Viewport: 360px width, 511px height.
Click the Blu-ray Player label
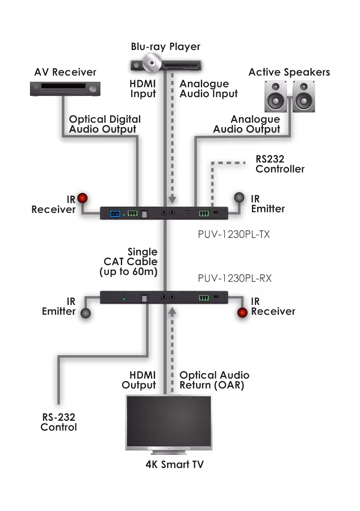pyautogui.click(x=165, y=46)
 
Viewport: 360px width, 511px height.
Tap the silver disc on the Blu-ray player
pyautogui.click(x=152, y=62)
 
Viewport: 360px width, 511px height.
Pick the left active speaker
pyautogui.click(x=276, y=96)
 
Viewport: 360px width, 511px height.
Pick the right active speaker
pyautogui.click(x=303, y=96)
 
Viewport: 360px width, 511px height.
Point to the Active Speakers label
pyautogui.click(x=289, y=73)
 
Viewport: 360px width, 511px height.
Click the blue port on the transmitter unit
pyautogui.click(x=114, y=213)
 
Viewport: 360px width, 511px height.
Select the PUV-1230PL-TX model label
pyautogui.click(x=225, y=233)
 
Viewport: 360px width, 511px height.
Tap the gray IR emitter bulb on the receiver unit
pyautogui.click(x=85, y=313)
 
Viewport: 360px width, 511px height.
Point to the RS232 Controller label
pyautogui.click(x=280, y=164)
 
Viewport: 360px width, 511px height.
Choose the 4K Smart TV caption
pyautogui.click(x=174, y=465)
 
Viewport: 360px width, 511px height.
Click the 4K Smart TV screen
pyautogui.click(x=169, y=421)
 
